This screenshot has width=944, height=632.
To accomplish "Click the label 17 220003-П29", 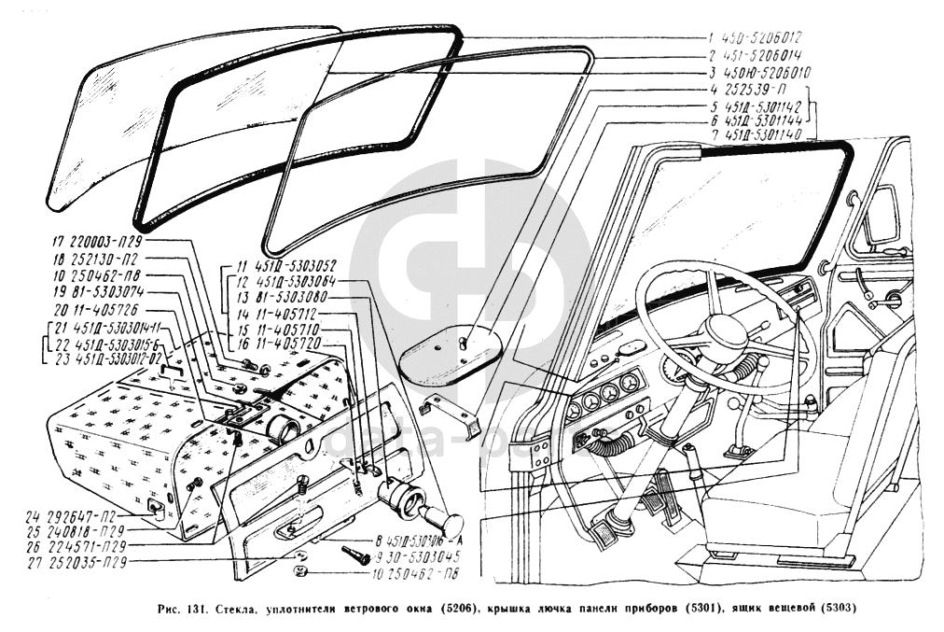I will click(97, 240).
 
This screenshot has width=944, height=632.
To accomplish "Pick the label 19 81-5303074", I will click(97, 291).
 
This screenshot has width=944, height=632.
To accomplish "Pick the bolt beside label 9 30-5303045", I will click(355, 554).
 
